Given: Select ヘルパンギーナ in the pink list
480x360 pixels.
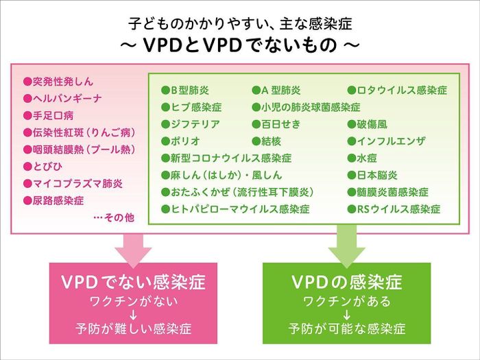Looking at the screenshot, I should [62, 99].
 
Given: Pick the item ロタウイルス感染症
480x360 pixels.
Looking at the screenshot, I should [397, 91].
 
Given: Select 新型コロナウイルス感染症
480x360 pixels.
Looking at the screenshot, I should [226, 158].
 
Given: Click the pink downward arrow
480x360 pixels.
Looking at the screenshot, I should [132, 246].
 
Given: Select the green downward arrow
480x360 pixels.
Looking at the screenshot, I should [347, 246].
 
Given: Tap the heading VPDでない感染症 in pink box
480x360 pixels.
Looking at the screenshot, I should [133, 283].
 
